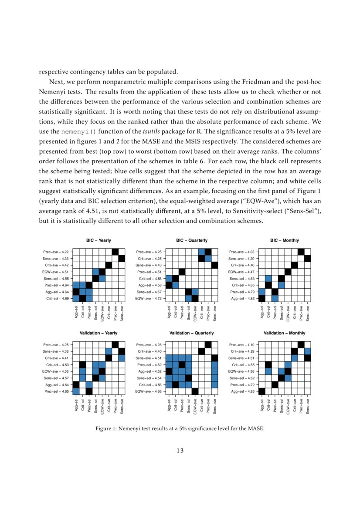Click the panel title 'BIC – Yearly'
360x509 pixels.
coord(98,240)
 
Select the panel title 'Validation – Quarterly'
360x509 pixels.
coord(192,333)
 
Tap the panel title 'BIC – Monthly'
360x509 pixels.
coord(285,240)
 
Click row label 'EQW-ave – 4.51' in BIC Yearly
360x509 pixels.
coord(55,271)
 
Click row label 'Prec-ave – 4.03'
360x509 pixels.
coord(242,252)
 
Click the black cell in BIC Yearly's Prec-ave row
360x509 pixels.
coord(115,252)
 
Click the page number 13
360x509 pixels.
coord(180,450)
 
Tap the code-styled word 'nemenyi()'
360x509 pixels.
coord(75,131)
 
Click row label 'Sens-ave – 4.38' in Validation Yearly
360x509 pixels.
coord(55,351)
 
